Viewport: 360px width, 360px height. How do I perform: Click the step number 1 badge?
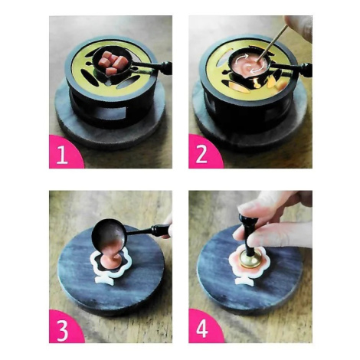click(64, 152)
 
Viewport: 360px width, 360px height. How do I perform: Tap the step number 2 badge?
click(204, 152)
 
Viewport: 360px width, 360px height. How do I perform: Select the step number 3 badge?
click(64, 328)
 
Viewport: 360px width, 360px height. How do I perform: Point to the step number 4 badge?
click(204, 328)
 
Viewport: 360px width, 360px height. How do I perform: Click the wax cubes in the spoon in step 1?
click(113, 63)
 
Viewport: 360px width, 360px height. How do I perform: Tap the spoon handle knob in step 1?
click(165, 67)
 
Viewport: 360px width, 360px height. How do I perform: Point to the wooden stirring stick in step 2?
click(273, 41)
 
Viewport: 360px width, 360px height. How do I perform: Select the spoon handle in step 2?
click(291, 67)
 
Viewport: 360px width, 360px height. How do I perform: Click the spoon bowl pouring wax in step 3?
click(109, 234)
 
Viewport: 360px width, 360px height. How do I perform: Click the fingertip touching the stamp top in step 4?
click(246, 208)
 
